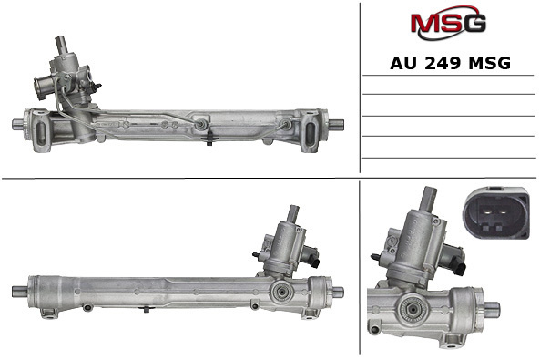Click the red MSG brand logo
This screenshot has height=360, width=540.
(447, 22)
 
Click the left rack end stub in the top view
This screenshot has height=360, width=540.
(20, 123)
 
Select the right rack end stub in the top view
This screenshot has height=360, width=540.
(336, 124)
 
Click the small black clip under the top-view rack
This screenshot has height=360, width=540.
(209, 139)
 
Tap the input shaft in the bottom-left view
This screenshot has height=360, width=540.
(293, 215)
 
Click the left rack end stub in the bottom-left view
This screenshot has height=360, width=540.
(18, 292)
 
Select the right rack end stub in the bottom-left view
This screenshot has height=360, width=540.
(337, 292)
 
